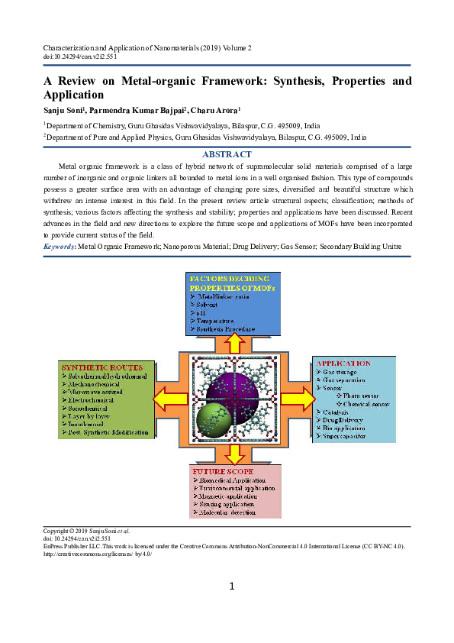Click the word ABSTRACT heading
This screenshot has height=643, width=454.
227,153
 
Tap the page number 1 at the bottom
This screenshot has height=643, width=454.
230,586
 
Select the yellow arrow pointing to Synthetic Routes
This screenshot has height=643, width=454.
167,399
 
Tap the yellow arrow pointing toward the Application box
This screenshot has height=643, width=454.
297,399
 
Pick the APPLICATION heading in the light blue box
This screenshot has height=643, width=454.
344,363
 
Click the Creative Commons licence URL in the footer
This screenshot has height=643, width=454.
97,554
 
